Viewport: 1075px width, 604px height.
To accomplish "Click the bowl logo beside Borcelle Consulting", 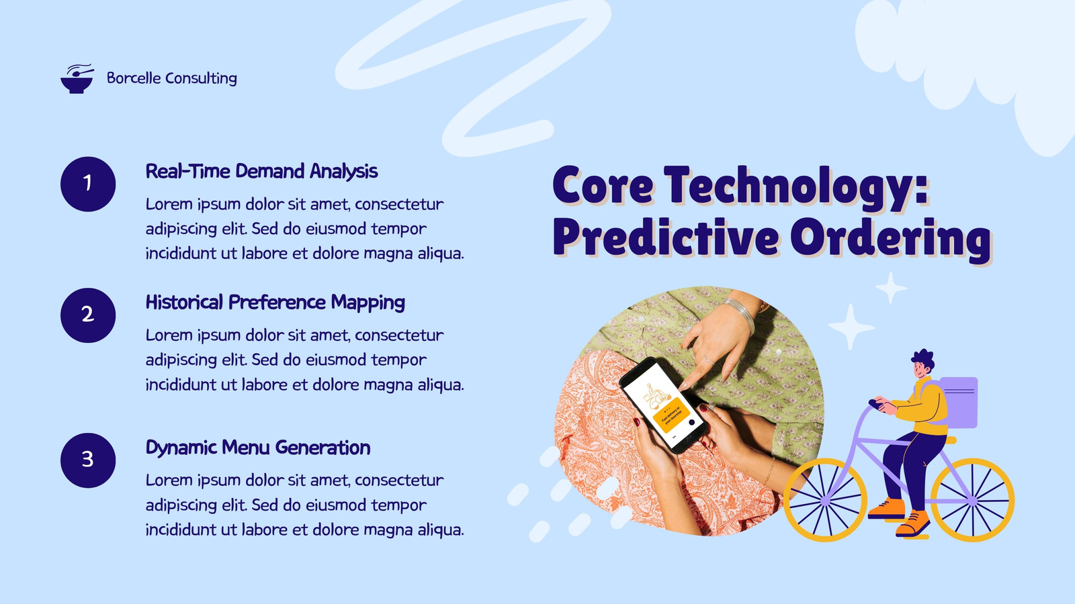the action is (77, 79).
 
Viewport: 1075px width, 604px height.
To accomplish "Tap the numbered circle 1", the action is (88, 184).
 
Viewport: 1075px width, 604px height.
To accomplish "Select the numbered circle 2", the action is (88, 315).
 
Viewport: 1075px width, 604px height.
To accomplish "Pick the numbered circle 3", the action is (88, 460).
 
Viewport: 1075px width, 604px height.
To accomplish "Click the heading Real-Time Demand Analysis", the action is (261, 172).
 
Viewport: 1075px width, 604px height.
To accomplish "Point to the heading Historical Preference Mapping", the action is (275, 303).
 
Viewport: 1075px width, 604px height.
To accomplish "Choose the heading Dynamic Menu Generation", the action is (258, 448).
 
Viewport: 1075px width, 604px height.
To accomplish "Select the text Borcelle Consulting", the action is (172, 78).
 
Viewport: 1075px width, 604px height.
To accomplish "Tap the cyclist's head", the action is (922, 365).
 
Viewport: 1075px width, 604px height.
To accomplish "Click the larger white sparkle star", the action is (851, 326).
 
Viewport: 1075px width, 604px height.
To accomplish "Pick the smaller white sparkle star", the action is (891, 288).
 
